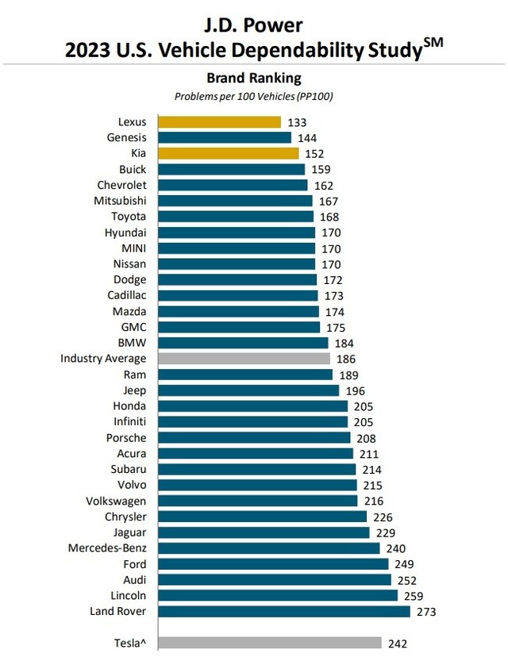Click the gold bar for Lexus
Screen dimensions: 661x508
coord(219,122)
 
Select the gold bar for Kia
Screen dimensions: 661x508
coord(228,153)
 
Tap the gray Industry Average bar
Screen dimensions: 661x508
coord(244,359)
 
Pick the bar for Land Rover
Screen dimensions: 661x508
coord(284,611)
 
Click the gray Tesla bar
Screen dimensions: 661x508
coord(270,643)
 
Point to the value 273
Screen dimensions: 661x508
coord(427,612)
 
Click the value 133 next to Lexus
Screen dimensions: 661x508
coord(297,122)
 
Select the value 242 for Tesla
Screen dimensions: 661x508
coord(398,644)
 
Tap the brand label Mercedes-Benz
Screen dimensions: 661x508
coord(106,548)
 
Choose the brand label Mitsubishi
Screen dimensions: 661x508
coord(120,201)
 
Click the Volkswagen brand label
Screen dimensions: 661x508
coord(116,501)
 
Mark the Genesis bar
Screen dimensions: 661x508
coord(225,137)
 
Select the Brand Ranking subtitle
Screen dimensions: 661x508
coord(253,78)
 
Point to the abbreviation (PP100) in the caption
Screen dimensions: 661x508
coord(314,96)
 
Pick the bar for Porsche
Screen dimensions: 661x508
coord(254,437)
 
